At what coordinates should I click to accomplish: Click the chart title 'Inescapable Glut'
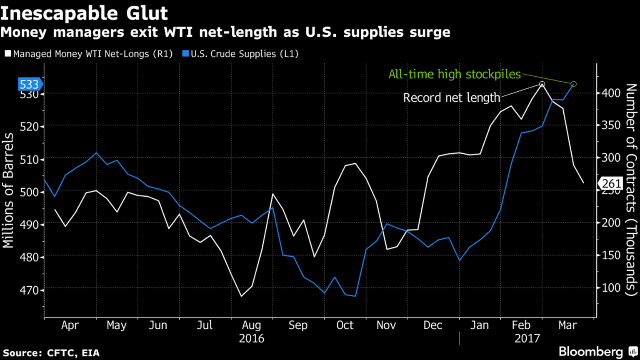click(x=84, y=13)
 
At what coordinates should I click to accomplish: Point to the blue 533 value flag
click(x=29, y=85)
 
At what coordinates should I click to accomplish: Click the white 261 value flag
click(x=611, y=183)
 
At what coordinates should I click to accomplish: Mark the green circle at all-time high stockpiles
click(x=573, y=84)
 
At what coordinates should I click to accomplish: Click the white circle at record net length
click(x=542, y=84)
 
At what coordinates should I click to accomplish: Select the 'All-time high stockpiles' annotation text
click(x=455, y=75)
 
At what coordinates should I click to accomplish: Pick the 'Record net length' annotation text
click(x=451, y=98)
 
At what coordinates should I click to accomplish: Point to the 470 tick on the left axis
click(x=29, y=290)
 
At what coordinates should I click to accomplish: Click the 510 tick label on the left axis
click(x=29, y=160)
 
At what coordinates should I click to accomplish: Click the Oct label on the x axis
click(x=345, y=325)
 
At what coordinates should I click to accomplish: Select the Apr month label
click(x=70, y=325)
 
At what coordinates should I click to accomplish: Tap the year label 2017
click(x=527, y=338)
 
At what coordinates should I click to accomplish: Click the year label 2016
click(x=251, y=338)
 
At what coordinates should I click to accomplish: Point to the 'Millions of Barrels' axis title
click(x=8, y=191)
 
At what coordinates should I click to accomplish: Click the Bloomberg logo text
click(x=591, y=352)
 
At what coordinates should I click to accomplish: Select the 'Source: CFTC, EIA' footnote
click(x=51, y=353)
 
